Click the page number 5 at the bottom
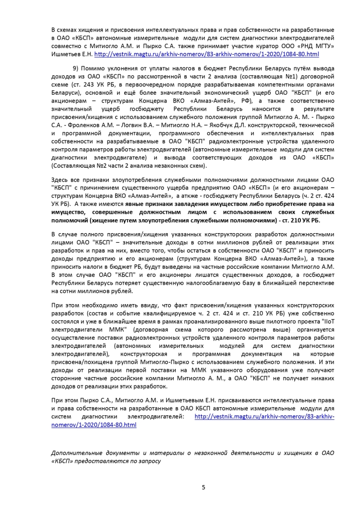203,487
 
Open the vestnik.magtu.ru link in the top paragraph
207,53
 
